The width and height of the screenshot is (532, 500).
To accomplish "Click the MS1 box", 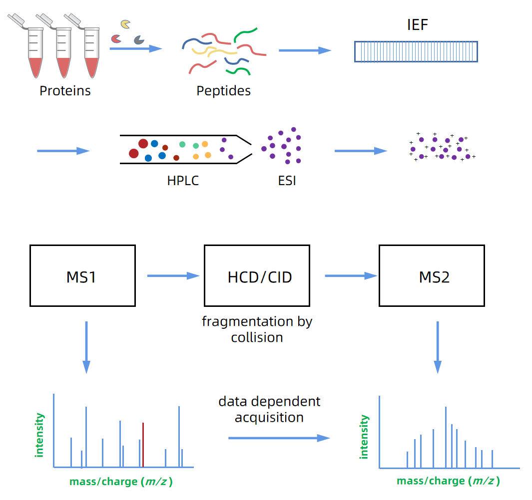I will tap(82, 275).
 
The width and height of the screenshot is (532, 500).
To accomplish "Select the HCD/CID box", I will tap(257, 275).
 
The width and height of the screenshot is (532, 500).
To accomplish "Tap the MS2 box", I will tap(432, 275).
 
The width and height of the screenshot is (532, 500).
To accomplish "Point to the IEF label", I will tap(417, 24).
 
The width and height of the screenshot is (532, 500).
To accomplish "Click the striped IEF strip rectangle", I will tap(416, 51).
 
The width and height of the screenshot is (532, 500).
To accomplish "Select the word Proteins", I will tap(65, 91).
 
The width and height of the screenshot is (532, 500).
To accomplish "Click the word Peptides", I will tap(223, 91).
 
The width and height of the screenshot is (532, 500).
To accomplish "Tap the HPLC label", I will tap(183, 181).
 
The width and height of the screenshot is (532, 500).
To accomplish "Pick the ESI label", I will tap(287, 181).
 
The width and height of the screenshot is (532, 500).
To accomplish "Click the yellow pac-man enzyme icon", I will tap(126, 24).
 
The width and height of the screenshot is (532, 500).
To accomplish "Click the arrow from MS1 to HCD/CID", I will tap(173, 275).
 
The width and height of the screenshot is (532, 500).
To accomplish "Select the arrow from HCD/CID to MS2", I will tap(350, 275).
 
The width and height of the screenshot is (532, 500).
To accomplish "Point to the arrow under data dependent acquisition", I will tap(279, 438).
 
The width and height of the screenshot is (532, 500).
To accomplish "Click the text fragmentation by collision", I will tap(257, 329).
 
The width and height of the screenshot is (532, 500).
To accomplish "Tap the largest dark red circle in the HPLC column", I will tap(143, 144).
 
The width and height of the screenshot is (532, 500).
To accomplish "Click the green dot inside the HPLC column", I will tap(182, 145).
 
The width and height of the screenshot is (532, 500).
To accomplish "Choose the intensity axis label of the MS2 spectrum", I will tap(364, 437).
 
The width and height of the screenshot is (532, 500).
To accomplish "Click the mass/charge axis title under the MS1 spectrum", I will tap(121, 482).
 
